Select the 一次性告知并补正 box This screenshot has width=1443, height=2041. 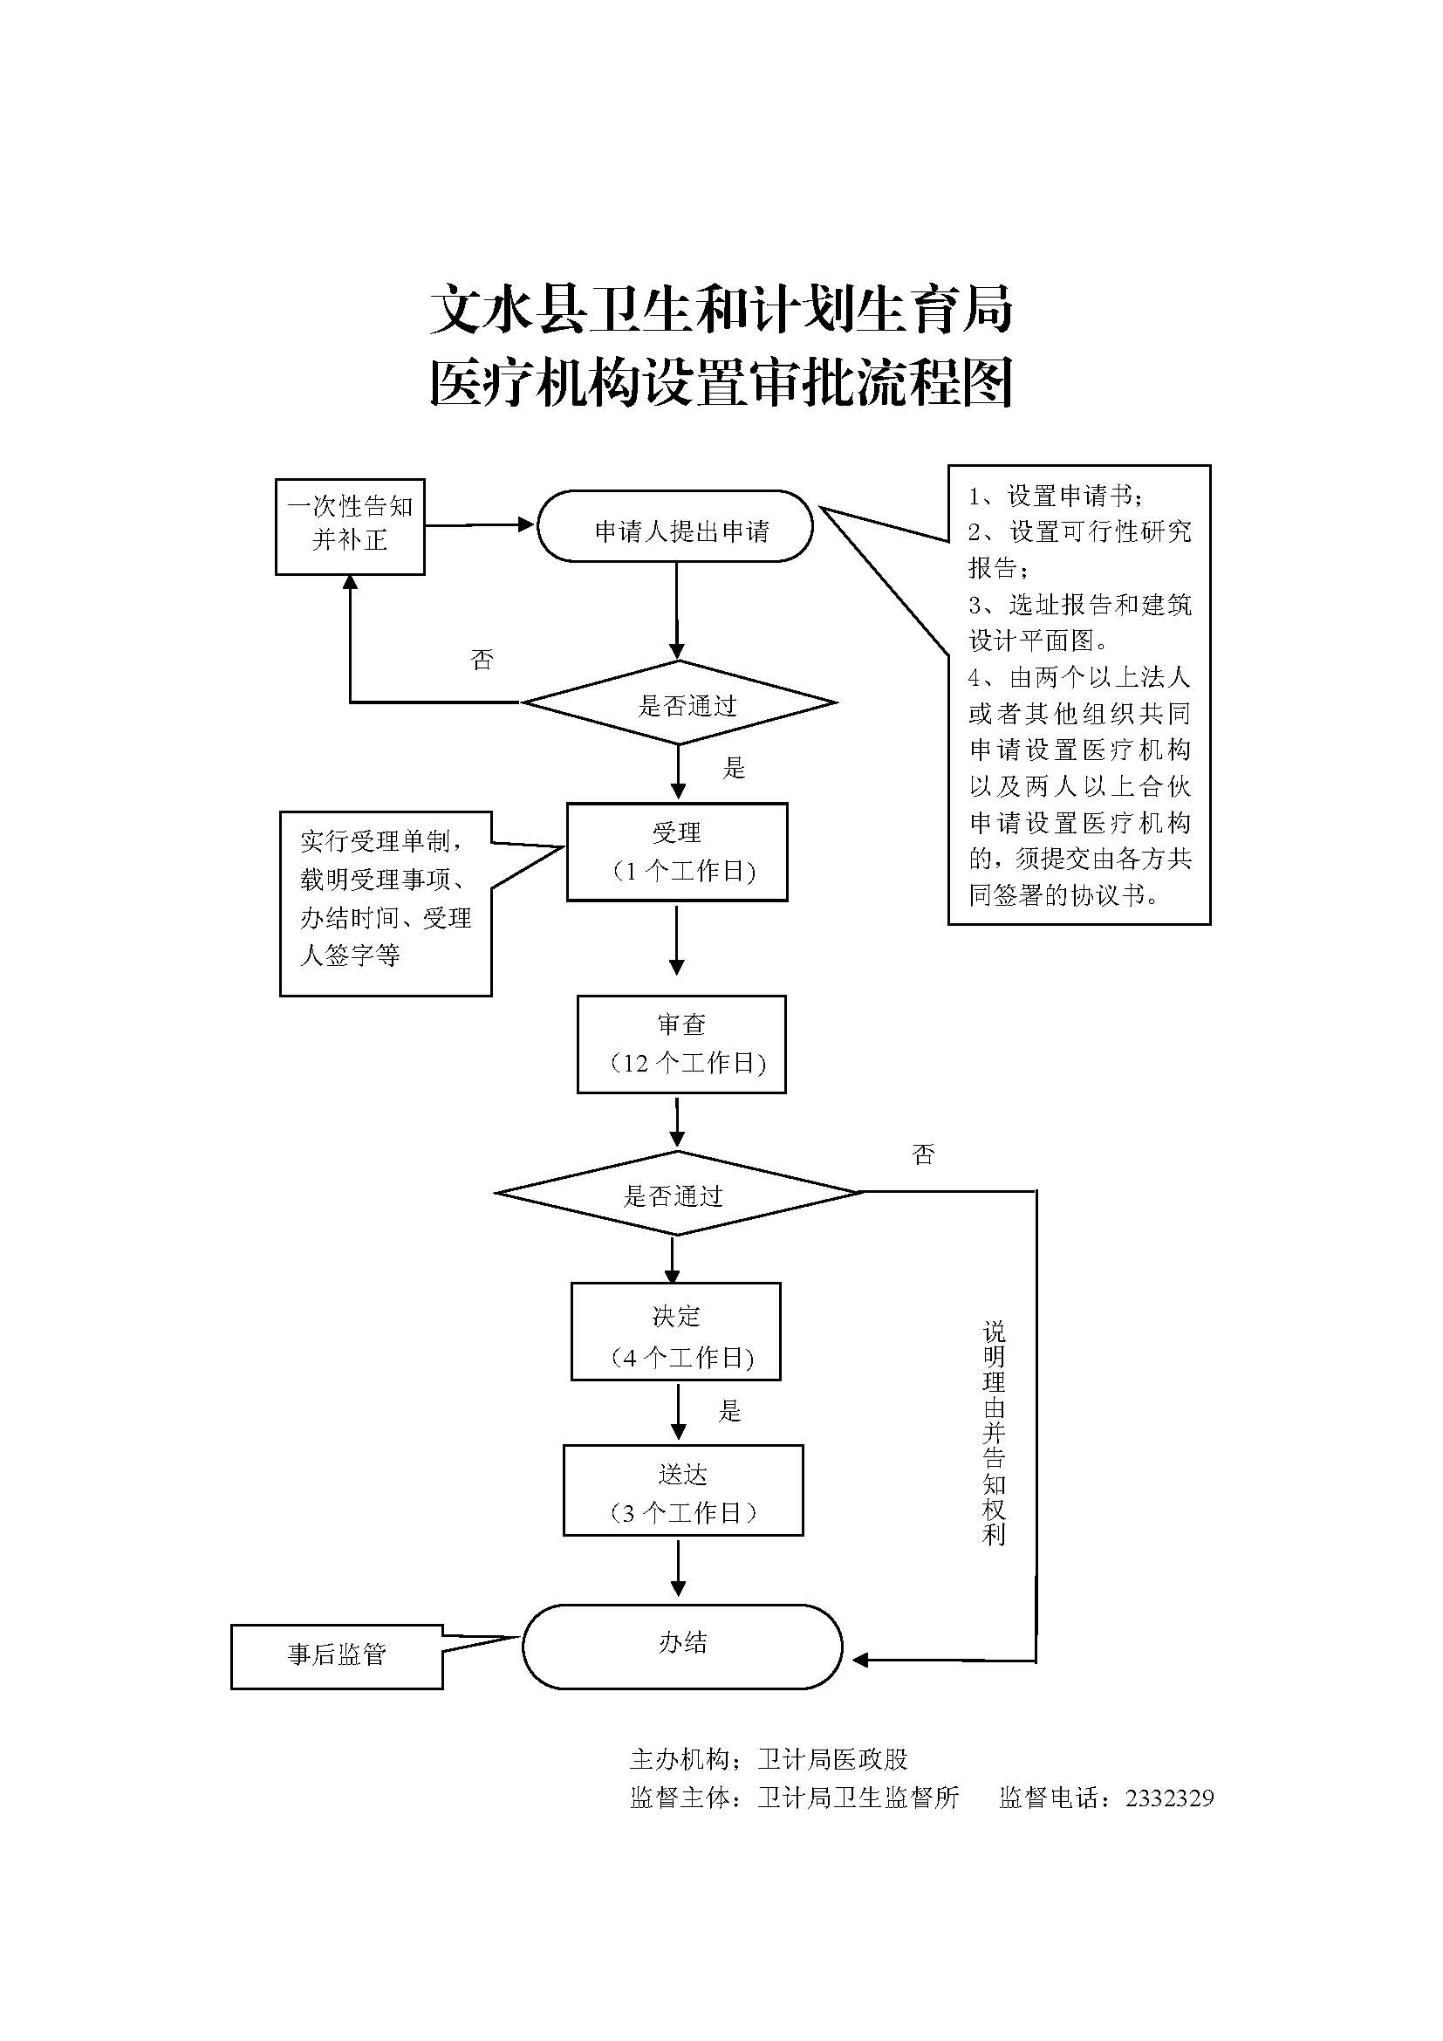[x=349, y=526]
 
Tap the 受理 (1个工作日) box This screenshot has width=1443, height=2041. [x=677, y=852]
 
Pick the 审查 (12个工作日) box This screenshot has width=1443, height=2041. [x=681, y=1044]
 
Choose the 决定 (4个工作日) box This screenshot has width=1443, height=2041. [x=675, y=1331]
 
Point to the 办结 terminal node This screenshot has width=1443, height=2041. [x=681, y=1642]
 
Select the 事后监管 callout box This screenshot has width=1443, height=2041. [x=337, y=1654]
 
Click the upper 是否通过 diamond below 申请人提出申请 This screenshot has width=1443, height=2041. [x=679, y=703]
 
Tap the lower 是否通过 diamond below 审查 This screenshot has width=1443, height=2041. [x=675, y=1193]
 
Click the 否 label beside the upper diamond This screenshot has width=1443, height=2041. [x=482, y=660]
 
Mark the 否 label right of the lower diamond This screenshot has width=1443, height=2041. [x=923, y=1154]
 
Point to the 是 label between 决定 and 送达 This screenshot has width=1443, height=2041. [x=729, y=1411]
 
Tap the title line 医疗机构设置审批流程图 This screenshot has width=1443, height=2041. [x=721, y=384]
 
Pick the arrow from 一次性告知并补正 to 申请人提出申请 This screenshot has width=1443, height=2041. [x=480, y=525]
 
